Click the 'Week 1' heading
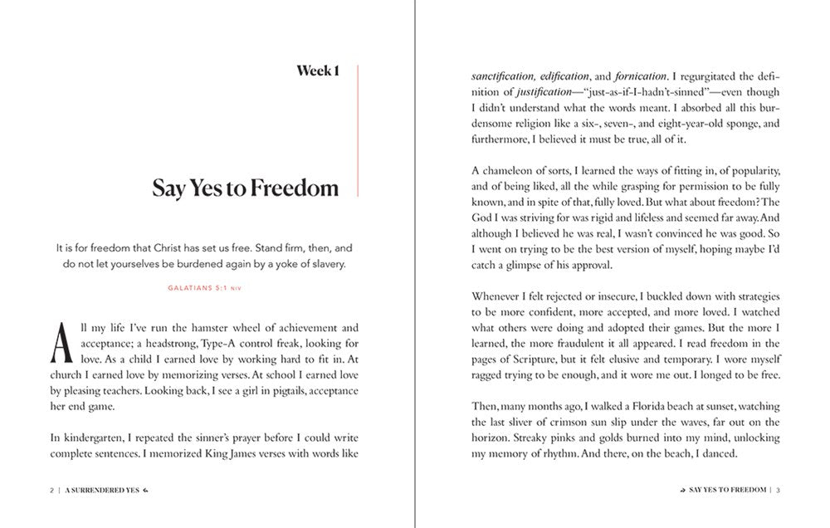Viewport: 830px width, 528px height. [x=318, y=71]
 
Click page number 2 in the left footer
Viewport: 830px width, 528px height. [x=51, y=490]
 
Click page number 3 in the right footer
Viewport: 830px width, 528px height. [x=779, y=490]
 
